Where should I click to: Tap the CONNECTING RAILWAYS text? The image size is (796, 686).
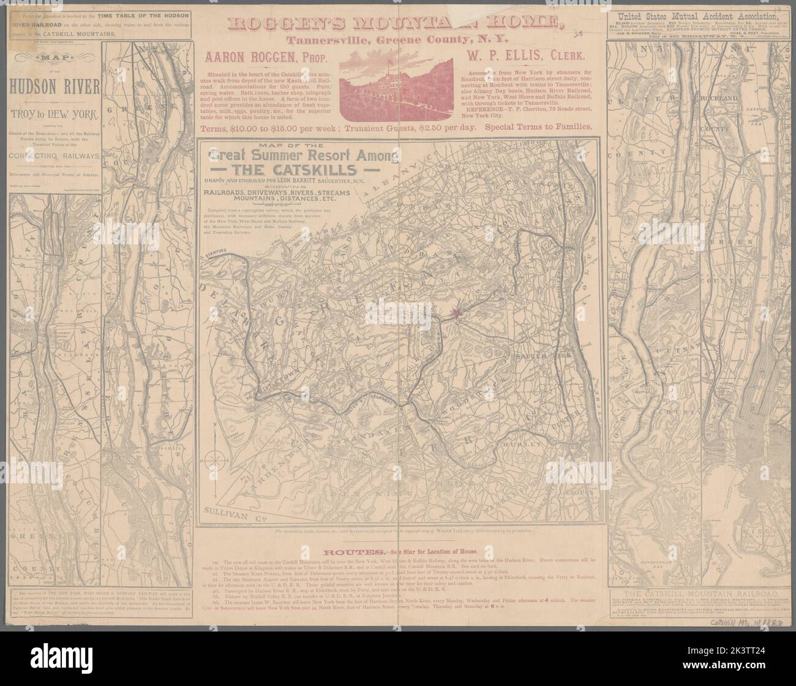point(56,156)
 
